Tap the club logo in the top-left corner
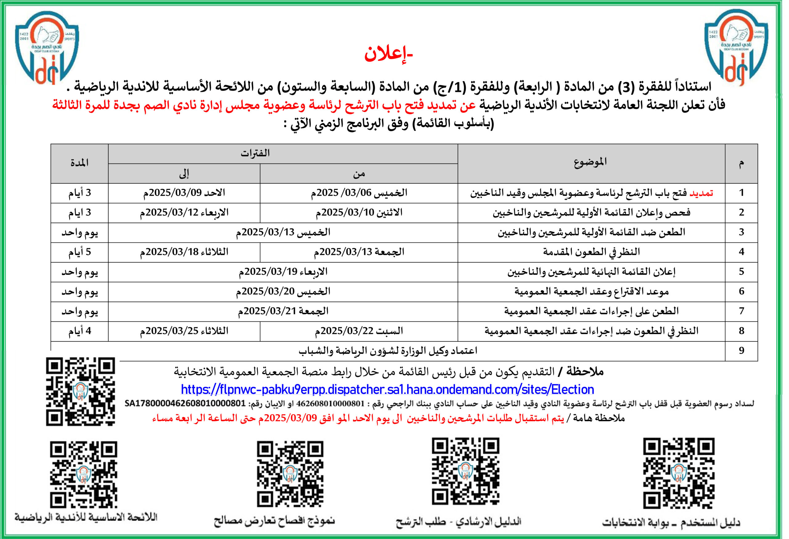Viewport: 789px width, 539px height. (x=47, y=47)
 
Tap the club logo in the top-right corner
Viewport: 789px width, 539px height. (x=736, y=47)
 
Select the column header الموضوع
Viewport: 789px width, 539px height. (x=590, y=162)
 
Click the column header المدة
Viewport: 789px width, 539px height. (x=80, y=163)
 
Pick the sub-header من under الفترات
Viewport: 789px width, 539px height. (x=358, y=174)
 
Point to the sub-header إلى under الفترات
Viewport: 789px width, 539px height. (x=184, y=174)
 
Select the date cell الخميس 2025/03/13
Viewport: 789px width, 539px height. (x=283, y=232)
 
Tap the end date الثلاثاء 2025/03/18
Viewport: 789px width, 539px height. (x=184, y=252)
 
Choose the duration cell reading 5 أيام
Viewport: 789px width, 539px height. (x=80, y=252)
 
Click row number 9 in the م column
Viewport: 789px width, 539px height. (x=742, y=351)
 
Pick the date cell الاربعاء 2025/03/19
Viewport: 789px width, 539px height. (x=283, y=272)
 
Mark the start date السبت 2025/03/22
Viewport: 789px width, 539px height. (x=358, y=331)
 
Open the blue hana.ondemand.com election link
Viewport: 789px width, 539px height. (x=387, y=389)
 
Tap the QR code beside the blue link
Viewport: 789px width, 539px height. (x=80, y=391)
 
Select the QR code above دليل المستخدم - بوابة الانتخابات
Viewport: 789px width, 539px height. (x=678, y=473)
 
